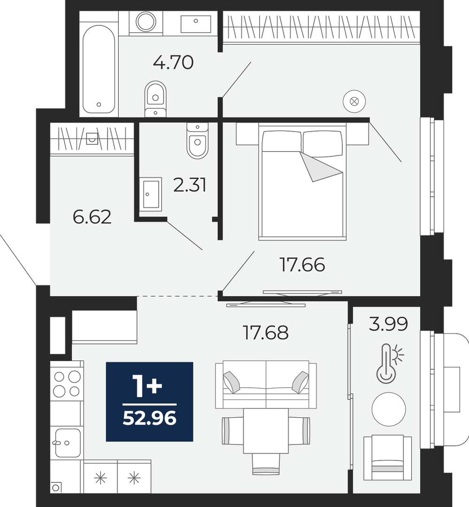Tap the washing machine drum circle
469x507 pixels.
pyautogui.click(x=146, y=22)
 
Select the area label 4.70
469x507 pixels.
pyautogui.click(x=173, y=62)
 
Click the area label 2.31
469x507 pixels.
pyautogui.click(x=190, y=185)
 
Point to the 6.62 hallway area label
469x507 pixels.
pyautogui.click(x=92, y=217)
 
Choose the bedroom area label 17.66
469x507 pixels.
pyautogui.click(x=302, y=265)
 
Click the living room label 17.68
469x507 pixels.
pyautogui.click(x=266, y=333)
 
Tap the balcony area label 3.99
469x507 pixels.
pyautogui.click(x=388, y=324)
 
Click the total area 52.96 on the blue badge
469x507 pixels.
pyautogui.click(x=150, y=418)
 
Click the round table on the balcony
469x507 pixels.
pyautogui.click(x=389, y=409)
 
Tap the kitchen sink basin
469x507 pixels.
pyautogui.click(x=68, y=443)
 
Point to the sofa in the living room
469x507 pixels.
pyautogui.click(x=266, y=385)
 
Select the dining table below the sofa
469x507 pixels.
pyautogui.click(x=266, y=431)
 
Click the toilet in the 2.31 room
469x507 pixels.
pyautogui.click(x=197, y=140)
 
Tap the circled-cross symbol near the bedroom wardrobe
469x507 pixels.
pyautogui.click(x=354, y=101)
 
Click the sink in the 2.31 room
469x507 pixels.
pyautogui.click(x=151, y=194)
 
